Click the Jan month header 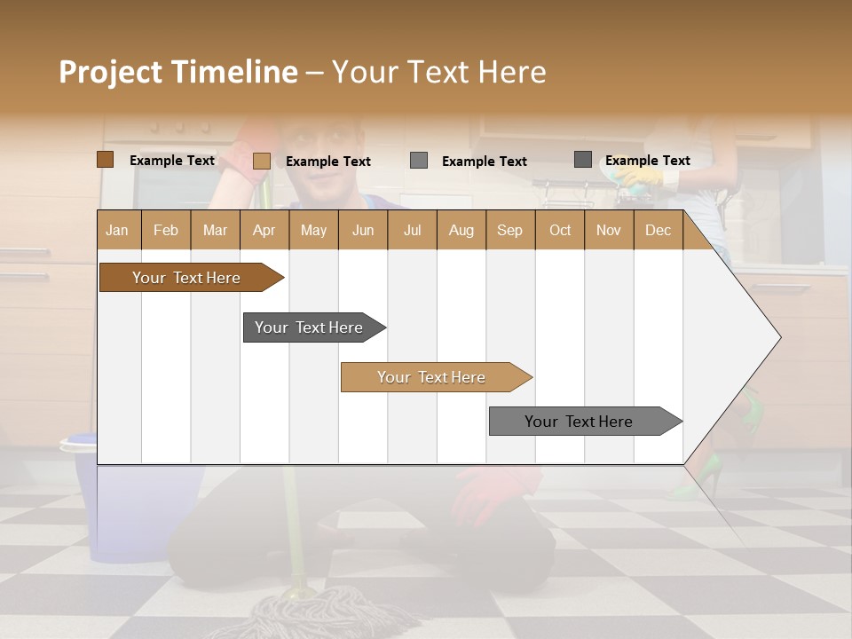118,230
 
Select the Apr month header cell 264,230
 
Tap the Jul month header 412,230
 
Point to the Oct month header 559,230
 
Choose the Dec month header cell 658,230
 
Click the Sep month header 509,230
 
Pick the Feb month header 166,230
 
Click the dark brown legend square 105,160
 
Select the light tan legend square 261,161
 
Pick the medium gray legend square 419,161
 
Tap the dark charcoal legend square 582,160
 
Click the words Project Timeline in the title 177,72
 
